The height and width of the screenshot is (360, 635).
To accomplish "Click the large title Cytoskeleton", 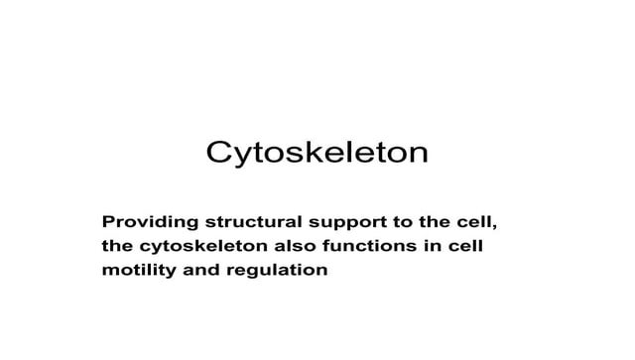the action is coord(317,153).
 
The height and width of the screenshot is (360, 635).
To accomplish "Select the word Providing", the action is coord(150,223).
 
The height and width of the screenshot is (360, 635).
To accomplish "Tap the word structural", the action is coord(254,222).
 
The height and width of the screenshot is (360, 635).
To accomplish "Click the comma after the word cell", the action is coord(494,227).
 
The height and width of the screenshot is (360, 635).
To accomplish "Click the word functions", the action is coord(370,246).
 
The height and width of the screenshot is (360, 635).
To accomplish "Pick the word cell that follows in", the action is coord(465,246).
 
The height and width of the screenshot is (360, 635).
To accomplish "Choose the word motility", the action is coord(139,271).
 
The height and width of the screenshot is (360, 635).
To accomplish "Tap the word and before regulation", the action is coord(201,270).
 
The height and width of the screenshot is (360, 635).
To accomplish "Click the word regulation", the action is coord(277,271).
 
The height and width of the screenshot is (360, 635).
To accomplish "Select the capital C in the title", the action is coord(219,153).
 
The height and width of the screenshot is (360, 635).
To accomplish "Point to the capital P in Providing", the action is coord(108,222).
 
